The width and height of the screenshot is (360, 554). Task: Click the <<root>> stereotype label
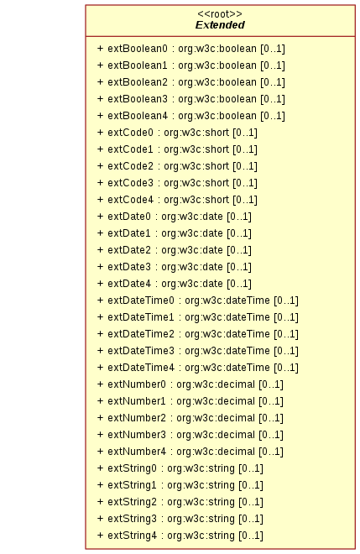(220, 14)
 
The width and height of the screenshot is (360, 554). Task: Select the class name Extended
(220, 25)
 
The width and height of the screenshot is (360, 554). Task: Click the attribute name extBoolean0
(138, 49)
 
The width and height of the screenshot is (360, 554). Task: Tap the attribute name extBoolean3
(138, 99)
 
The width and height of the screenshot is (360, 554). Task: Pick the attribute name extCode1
(130, 149)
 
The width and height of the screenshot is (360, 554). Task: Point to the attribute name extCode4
(130, 200)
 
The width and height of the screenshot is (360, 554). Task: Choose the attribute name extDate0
(129, 217)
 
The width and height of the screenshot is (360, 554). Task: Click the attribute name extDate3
(129, 267)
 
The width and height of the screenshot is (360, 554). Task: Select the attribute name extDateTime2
(141, 334)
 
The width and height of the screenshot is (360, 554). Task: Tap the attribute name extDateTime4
(141, 368)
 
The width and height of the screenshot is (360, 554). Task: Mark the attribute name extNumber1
(137, 401)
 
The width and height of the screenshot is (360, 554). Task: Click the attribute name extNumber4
(137, 452)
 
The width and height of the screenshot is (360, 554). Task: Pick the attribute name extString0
(132, 468)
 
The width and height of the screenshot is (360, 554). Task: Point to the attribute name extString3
(132, 519)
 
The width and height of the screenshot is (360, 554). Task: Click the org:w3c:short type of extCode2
(196, 166)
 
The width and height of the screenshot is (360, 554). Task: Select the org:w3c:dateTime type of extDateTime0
(227, 301)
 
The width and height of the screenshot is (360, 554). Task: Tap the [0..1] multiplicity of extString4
(251, 536)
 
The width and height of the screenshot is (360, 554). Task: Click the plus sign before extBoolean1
(101, 65)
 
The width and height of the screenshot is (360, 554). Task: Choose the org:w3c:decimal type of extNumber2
(216, 418)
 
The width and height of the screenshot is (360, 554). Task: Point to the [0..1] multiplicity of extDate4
(239, 284)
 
